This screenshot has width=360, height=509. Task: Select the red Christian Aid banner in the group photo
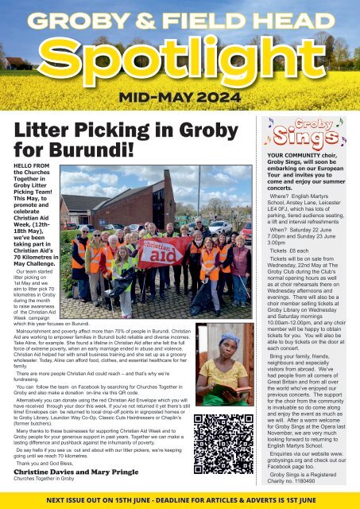pos(162,252)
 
